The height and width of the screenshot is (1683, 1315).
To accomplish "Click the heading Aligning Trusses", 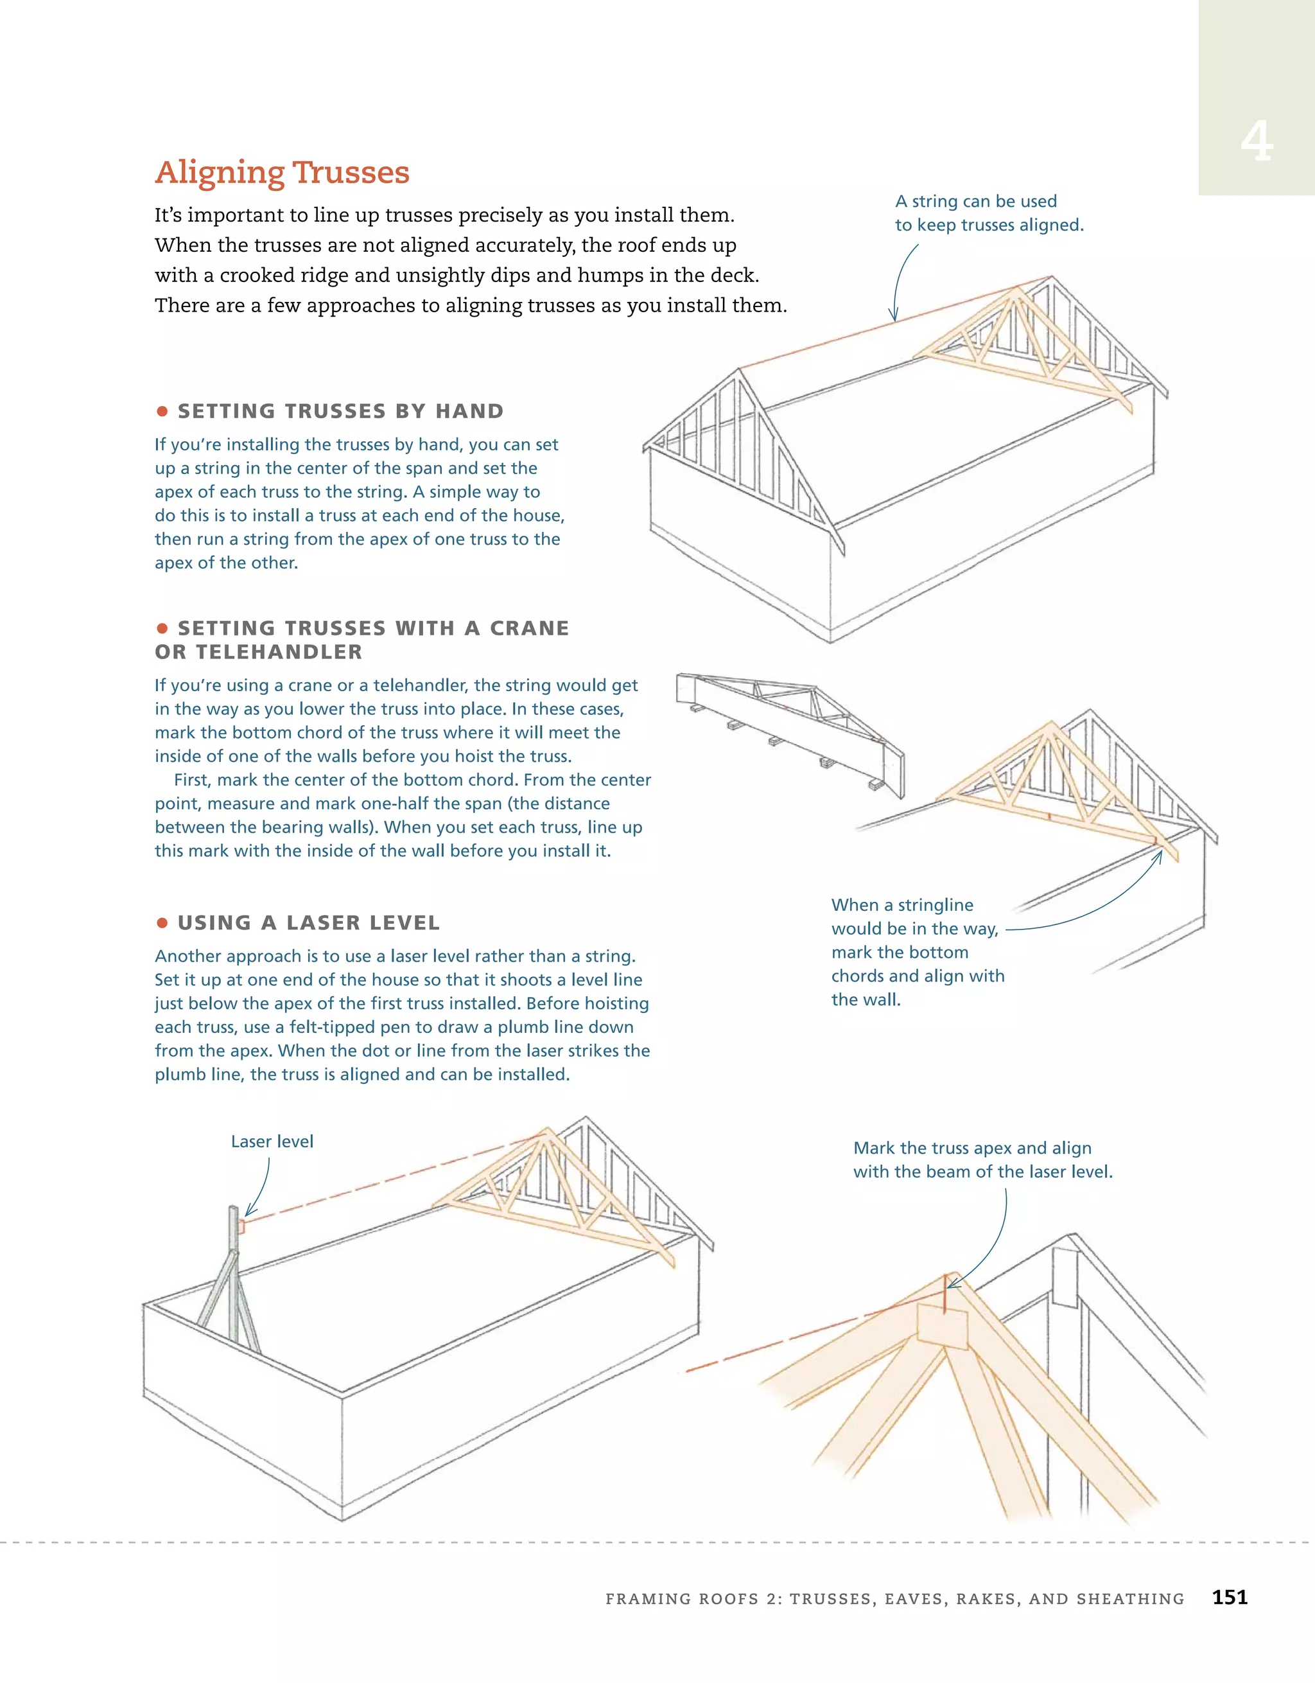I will point(282,172).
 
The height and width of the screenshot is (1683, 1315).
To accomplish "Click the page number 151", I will point(1230,1598).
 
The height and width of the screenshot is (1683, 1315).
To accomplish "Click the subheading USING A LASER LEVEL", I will point(308,922).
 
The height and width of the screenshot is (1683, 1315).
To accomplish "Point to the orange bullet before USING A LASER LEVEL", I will point(162,922).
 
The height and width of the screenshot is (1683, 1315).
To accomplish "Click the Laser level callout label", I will point(272,1141).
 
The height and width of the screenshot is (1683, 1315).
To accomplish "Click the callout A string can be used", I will point(976,201).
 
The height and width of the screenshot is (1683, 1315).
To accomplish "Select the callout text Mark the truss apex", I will point(972,1147).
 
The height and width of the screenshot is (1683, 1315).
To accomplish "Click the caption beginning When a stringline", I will point(902,904).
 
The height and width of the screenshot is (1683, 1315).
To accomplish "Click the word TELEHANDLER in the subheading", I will point(278,652).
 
